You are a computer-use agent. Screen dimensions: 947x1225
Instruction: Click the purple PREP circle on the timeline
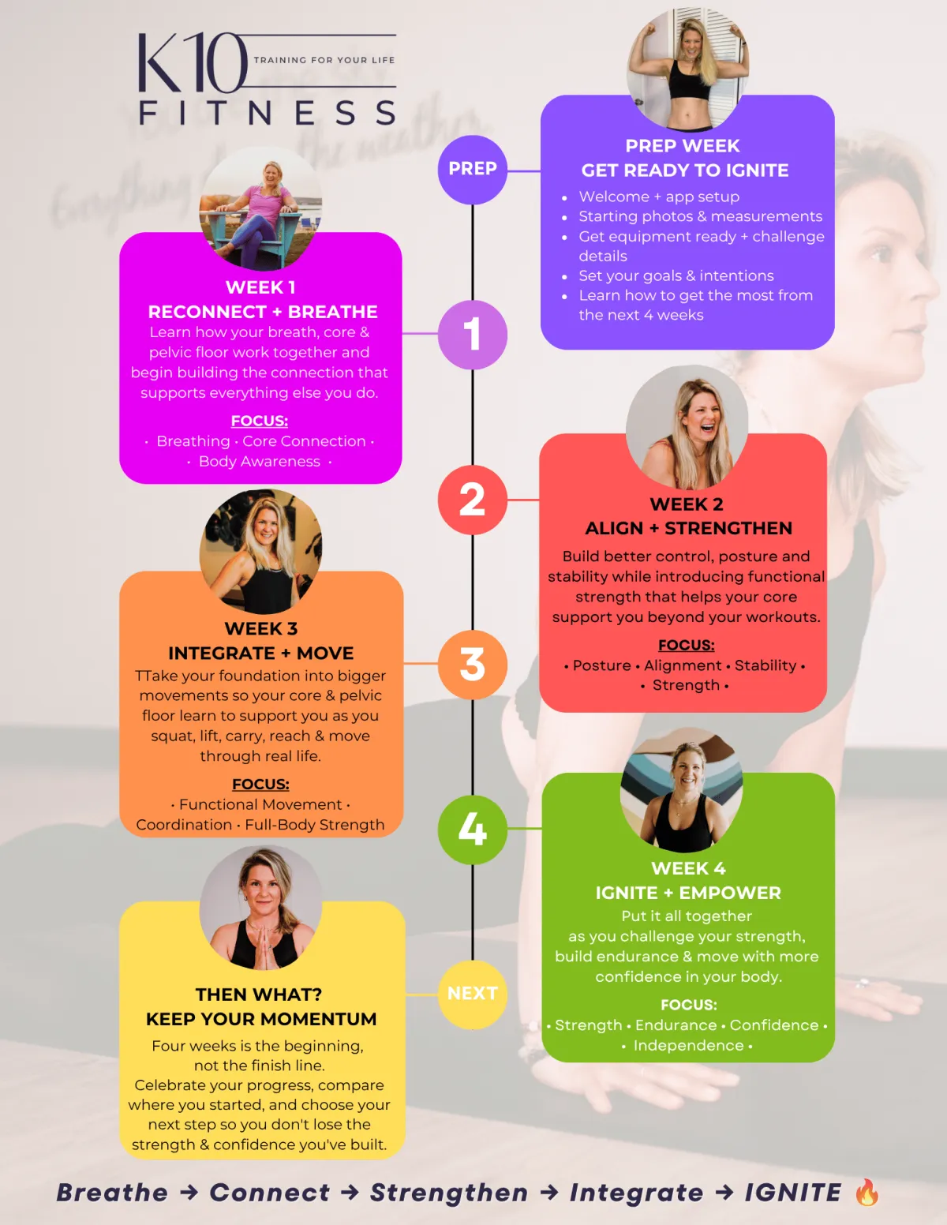coord(472,169)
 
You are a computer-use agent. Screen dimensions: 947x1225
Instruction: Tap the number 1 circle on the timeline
coord(472,335)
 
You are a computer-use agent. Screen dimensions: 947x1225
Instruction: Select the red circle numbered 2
coord(472,500)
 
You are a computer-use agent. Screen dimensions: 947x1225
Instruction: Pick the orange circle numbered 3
coord(472,664)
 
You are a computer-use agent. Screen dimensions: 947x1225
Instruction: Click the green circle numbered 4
coord(472,830)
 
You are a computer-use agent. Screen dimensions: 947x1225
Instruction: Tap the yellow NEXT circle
coord(472,994)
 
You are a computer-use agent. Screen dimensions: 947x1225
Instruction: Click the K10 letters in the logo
coord(193,62)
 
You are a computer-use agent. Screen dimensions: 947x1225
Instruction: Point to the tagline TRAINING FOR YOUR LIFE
coord(324,60)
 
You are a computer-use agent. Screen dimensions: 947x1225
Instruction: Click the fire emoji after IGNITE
coord(867,1192)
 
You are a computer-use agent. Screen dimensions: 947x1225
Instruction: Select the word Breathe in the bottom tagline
coord(112,1193)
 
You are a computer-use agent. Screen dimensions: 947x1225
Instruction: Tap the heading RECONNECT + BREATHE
coord(263,311)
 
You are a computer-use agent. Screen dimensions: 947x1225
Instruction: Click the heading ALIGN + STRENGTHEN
coord(688,528)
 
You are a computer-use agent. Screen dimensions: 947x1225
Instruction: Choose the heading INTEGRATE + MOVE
coord(261,653)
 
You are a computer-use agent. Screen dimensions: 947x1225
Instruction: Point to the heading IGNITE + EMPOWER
coord(688,893)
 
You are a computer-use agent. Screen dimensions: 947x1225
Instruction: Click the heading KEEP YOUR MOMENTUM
coord(261,1019)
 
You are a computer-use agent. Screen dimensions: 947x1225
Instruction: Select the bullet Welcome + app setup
coord(659,197)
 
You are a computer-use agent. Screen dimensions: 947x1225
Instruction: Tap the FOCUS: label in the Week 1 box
coord(260,421)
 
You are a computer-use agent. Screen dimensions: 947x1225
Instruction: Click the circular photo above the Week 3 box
coord(261,552)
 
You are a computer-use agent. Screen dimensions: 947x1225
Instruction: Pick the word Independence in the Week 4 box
coord(688,1045)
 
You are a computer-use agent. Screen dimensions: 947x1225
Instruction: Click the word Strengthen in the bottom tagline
coord(449,1193)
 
